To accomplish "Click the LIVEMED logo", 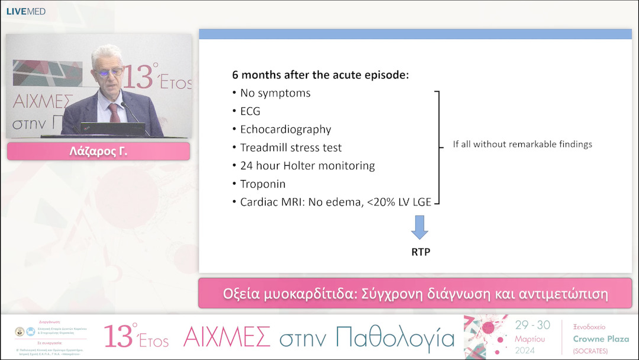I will pyautogui.click(x=25, y=11).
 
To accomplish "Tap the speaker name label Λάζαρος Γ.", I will pyautogui.click(x=98, y=152).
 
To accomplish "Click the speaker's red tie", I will pyautogui.click(x=114, y=112).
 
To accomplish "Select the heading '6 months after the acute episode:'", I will pyautogui.click(x=320, y=75).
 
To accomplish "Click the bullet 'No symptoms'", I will pyautogui.click(x=275, y=93).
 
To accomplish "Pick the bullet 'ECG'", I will pyautogui.click(x=250, y=111).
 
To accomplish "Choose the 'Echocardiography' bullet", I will pyautogui.click(x=285, y=129).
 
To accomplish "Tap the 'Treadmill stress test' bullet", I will pyautogui.click(x=291, y=147).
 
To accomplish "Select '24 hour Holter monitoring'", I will pyautogui.click(x=307, y=166).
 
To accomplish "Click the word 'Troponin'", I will pyautogui.click(x=262, y=184).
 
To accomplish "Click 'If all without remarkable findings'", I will pyautogui.click(x=522, y=144).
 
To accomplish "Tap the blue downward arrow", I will pyautogui.click(x=419, y=227).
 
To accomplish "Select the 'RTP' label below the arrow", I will pyautogui.click(x=420, y=252).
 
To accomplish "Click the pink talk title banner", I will pyautogui.click(x=415, y=293).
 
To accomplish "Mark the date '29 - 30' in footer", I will pyautogui.click(x=532, y=326).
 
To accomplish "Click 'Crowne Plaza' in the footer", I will pyautogui.click(x=601, y=339).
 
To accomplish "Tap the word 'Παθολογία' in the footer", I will pyautogui.click(x=395, y=337).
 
